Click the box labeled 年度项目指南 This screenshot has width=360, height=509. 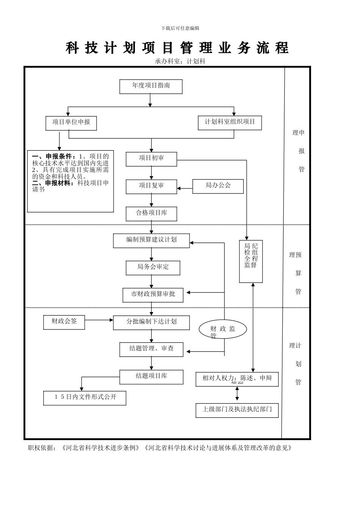coord(151,86)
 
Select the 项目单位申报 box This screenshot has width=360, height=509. coord(71,123)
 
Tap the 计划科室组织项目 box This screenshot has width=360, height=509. coord(230,123)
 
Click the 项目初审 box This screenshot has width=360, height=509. coord(151,159)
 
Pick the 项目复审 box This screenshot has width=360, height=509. coord(151,186)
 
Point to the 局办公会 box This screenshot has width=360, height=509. coord(218,186)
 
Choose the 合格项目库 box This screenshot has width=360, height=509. coord(151,214)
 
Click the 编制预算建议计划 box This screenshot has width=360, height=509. coord(151,240)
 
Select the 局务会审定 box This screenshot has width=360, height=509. coord(153,268)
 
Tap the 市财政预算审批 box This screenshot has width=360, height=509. coord(153,295)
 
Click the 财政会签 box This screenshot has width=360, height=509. coord(64,322)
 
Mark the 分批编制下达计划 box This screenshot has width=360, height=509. coord(151,322)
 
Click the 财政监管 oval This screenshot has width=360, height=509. coord(223,329)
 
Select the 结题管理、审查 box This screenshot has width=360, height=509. coord(151,349)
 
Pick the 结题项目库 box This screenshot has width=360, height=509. coord(151,377)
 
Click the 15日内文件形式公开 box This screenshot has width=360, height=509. coord(85,398)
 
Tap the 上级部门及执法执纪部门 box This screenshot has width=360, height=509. coord(237,410)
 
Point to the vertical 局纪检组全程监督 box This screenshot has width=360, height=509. coord(251,261)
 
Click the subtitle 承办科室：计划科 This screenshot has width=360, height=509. coord(180,61)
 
